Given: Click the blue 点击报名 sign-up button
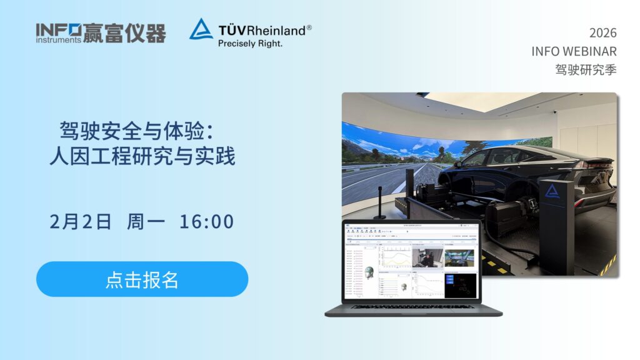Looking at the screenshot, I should pyautogui.click(x=142, y=279).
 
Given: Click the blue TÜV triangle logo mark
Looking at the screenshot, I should pyautogui.click(x=201, y=29).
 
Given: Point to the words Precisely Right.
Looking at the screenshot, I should pyautogui.click(x=250, y=44).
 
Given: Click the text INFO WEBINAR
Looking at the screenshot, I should pyautogui.click(x=574, y=51).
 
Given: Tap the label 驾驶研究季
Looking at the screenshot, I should pyautogui.click(x=586, y=69).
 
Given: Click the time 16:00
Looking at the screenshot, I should pyautogui.click(x=206, y=221).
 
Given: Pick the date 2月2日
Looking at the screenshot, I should pyautogui.click(x=81, y=221).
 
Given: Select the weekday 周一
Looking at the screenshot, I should pyautogui.click(x=146, y=221).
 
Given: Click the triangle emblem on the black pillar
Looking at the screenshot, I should pyautogui.click(x=551, y=191).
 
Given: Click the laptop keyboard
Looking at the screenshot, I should pyautogui.click(x=412, y=306).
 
